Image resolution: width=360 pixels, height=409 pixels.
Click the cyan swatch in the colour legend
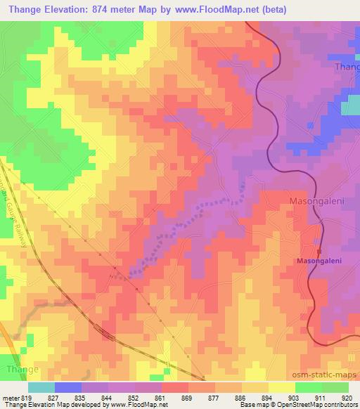point(41,387)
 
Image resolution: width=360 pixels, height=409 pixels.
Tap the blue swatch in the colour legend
point(68,387)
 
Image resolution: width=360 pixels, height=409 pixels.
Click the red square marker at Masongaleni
point(319,251)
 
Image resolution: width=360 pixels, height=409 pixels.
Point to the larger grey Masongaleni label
point(316,201)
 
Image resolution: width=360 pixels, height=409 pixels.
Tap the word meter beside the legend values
point(8,397)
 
